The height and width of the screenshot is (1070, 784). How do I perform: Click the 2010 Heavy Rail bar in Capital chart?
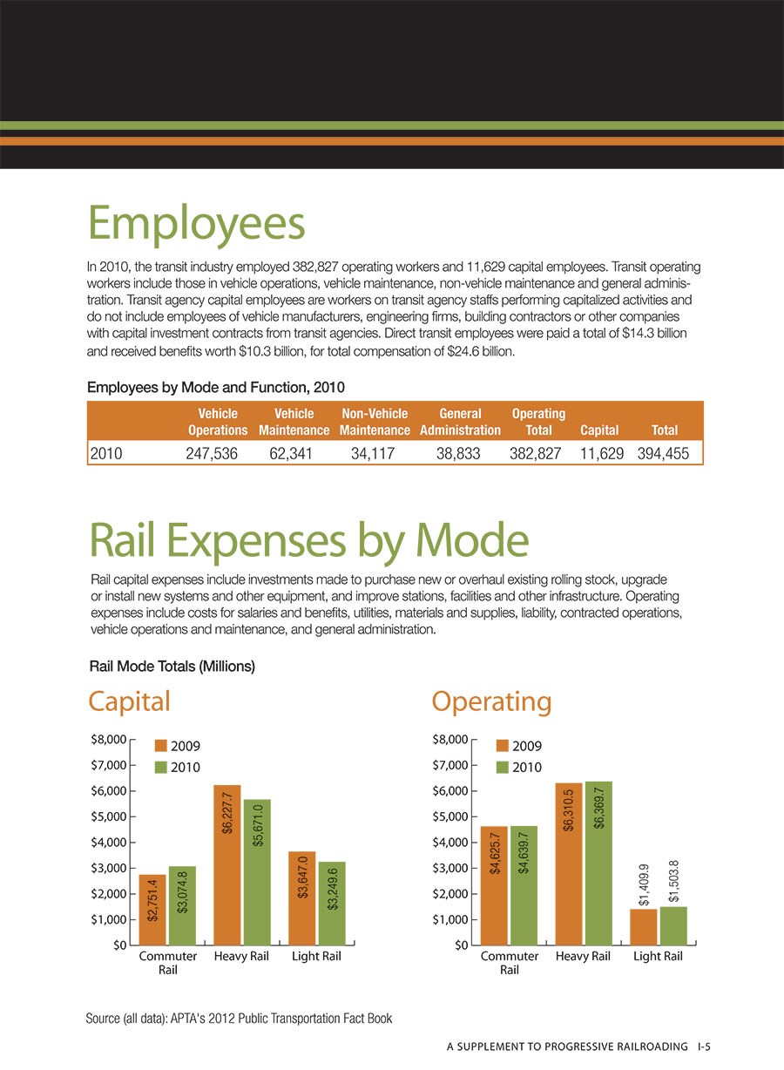click(x=257, y=871)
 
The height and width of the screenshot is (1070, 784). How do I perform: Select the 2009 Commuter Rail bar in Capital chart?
click(x=152, y=910)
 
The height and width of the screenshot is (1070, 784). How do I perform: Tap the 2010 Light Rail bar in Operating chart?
click(x=673, y=925)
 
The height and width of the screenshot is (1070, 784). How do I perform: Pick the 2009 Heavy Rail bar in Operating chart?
click(x=569, y=864)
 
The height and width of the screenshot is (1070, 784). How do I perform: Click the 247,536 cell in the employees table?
click(x=212, y=453)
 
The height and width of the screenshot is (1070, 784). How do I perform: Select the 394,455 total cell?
click(x=663, y=453)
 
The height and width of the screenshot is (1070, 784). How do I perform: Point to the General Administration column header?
click(x=460, y=422)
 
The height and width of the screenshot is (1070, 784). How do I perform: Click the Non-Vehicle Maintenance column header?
click(x=375, y=422)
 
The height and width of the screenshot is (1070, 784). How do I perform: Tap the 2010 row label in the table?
click(x=106, y=453)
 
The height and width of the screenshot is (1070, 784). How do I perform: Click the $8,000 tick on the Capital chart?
click(x=109, y=740)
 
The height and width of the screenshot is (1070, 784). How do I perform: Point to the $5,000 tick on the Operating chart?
click(x=450, y=816)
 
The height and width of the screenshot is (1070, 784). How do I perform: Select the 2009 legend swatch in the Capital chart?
click(x=161, y=746)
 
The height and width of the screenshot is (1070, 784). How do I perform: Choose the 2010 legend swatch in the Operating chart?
click(x=503, y=767)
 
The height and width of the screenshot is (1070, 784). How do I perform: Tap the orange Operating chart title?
click(x=492, y=702)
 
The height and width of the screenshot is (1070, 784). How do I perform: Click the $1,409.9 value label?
click(x=644, y=885)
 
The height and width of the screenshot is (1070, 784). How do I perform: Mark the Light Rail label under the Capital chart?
click(x=316, y=956)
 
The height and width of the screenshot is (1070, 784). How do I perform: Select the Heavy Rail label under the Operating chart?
click(x=583, y=956)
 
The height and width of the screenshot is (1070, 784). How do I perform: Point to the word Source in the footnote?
click(x=103, y=1019)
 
